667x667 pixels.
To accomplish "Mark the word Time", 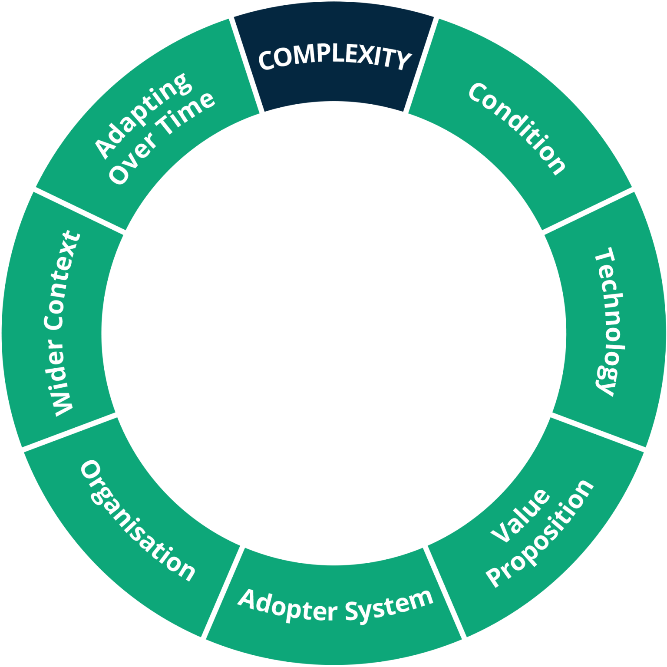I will coord(186,113).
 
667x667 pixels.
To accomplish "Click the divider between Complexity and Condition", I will coord(421,65).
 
